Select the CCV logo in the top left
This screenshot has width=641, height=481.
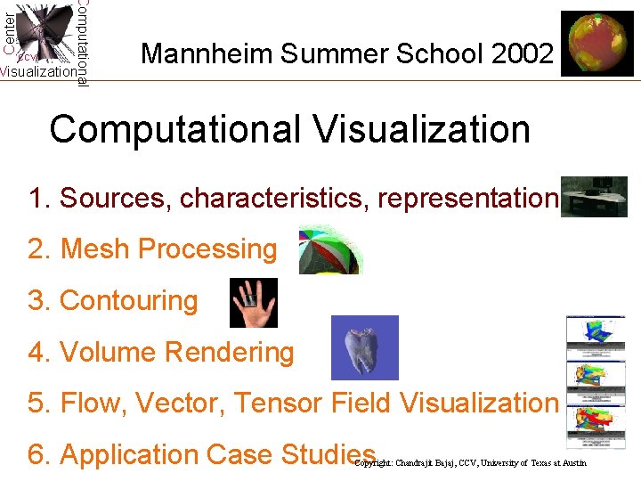point(45,40)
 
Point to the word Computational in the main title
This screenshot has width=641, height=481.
point(175,129)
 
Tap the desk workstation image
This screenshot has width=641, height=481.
point(595,197)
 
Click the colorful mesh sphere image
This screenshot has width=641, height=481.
point(329,249)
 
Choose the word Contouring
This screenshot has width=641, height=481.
point(128,300)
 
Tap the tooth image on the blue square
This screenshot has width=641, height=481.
point(364,348)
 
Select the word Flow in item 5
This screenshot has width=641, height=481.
point(91,403)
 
